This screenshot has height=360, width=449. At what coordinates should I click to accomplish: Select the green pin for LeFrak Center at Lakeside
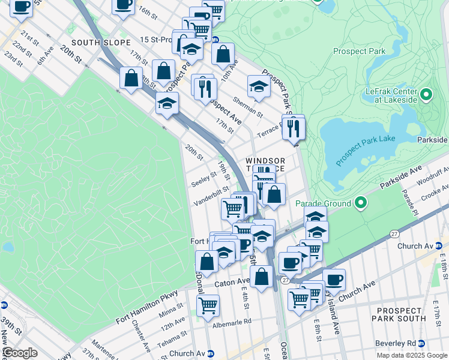click(426, 95)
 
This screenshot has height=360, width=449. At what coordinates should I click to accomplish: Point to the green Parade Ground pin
click(361, 203)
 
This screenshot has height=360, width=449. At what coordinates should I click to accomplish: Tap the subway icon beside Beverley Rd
click(421, 343)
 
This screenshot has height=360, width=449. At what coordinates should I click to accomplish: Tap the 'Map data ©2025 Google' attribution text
click(411, 355)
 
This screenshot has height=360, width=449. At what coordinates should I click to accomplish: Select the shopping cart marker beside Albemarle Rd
click(208, 305)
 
